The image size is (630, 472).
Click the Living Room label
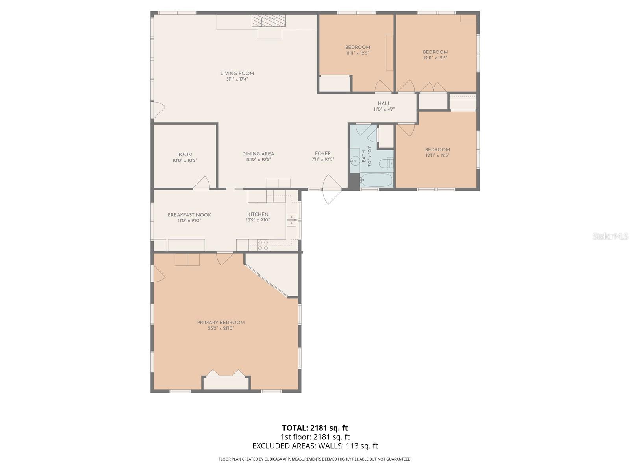(x=237, y=74)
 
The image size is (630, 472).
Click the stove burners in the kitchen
(x=263, y=245)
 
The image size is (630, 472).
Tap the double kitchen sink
(x=291, y=220)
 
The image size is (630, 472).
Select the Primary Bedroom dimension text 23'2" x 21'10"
(x=221, y=328)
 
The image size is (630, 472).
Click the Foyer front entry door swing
(x=332, y=189)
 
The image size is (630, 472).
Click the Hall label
(x=384, y=104)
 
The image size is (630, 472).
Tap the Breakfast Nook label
(x=189, y=215)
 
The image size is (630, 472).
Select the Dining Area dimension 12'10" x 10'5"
(x=258, y=159)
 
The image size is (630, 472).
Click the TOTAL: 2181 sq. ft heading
(x=315, y=428)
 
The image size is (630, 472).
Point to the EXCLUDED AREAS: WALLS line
(x=315, y=446)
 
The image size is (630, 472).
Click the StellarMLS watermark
(x=610, y=236)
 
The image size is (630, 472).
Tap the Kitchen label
(x=258, y=214)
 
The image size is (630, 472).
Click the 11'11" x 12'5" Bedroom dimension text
(x=358, y=53)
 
